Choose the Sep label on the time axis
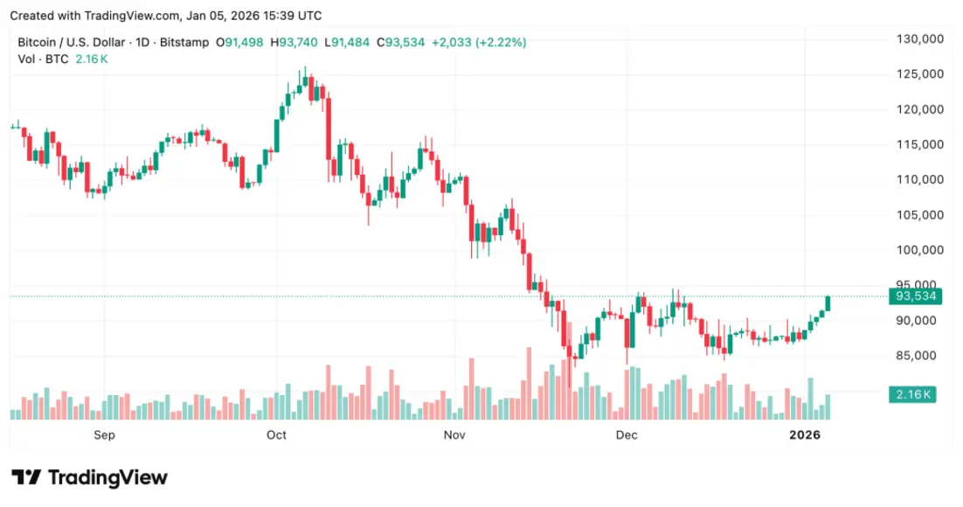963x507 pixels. (104, 434)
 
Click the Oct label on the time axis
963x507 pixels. (277, 434)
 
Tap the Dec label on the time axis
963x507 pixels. (627, 434)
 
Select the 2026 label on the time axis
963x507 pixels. (805, 434)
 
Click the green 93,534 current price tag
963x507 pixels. (913, 296)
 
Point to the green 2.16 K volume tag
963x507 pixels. (912, 395)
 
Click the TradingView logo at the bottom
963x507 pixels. (89, 477)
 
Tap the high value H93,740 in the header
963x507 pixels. (294, 42)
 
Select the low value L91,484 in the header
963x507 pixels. (348, 42)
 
